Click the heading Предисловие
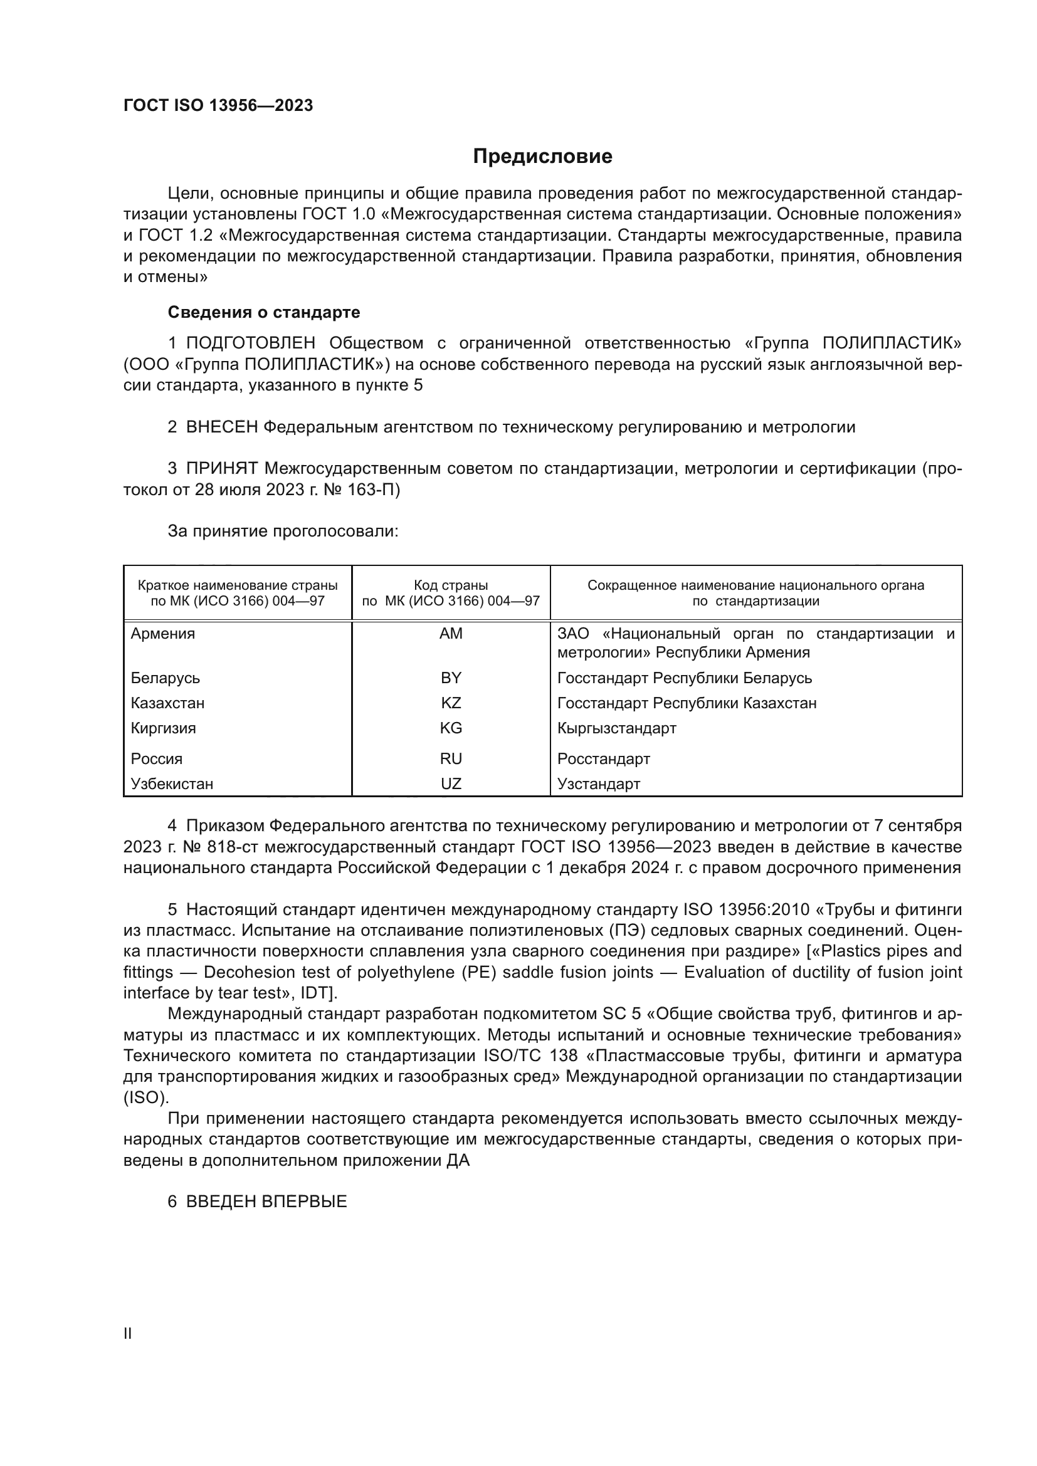542,157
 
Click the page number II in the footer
128,1333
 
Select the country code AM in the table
451,634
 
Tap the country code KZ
451,703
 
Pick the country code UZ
451,783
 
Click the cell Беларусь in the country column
166,678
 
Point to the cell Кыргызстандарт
616,728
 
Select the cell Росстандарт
603,758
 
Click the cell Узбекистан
172,783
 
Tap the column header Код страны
451,585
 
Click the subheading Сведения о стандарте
264,312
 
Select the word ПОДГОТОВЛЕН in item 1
250,343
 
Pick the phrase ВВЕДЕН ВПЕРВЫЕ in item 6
266,1201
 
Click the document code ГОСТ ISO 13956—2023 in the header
218,105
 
